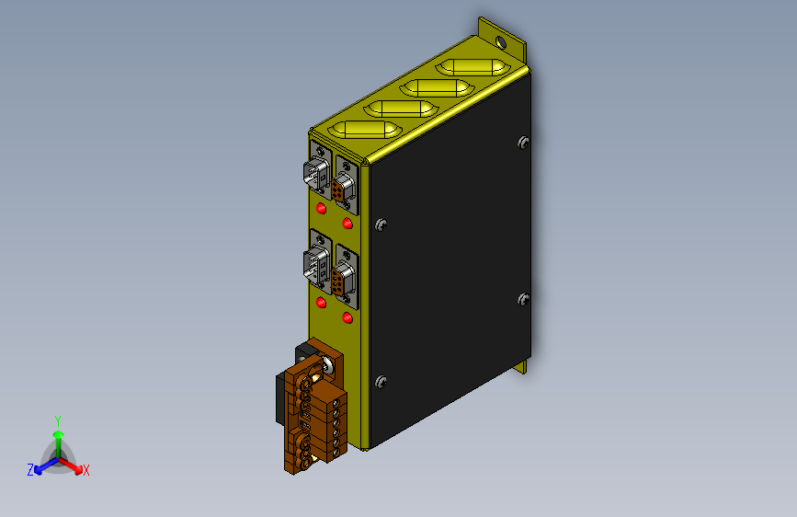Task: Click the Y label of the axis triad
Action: click(x=58, y=421)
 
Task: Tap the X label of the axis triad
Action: click(x=85, y=471)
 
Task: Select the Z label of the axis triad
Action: click(x=30, y=470)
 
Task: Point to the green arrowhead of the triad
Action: click(x=59, y=434)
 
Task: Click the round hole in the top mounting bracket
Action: click(x=501, y=42)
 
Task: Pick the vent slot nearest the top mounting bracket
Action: click(x=473, y=68)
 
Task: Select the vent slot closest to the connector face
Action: click(x=365, y=130)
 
